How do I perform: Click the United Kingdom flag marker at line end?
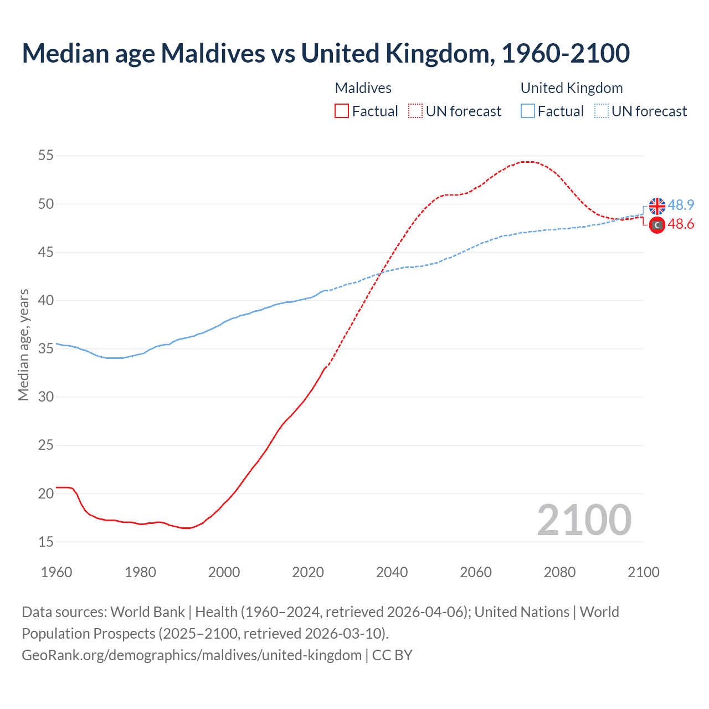(657, 205)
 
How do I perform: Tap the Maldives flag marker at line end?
(657, 225)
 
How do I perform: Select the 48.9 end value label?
(681, 205)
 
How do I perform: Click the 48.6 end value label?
(681, 224)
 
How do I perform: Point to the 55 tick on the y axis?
(46, 156)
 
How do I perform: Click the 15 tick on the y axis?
(46, 542)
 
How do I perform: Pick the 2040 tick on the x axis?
(392, 572)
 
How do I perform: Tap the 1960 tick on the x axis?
(56, 572)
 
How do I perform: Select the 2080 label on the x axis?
(559, 572)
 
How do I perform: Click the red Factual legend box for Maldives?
(342, 111)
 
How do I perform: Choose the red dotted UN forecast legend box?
(415, 111)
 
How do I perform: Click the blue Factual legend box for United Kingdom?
(528, 111)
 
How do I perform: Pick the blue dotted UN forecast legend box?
(602, 111)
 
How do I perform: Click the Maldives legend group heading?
(363, 88)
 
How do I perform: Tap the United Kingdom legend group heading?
(572, 88)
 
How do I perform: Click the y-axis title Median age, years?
(23, 345)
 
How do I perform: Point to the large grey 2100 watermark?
(584, 520)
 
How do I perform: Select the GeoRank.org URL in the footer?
(191, 655)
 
